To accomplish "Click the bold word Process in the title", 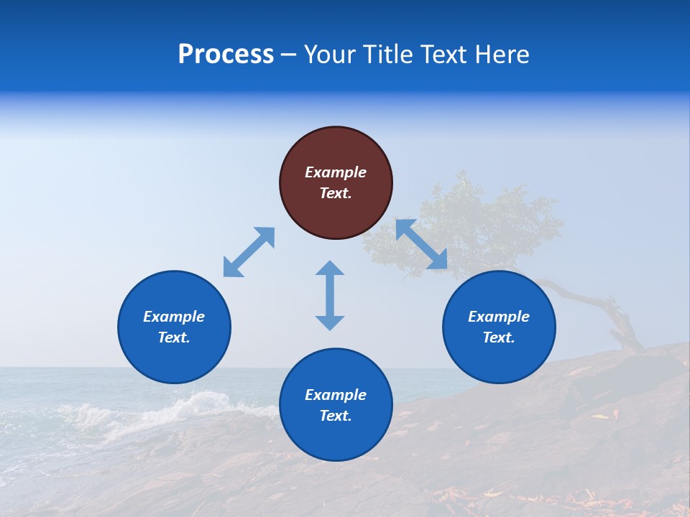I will (226, 55).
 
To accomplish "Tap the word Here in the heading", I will (501, 55).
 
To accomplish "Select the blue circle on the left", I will (174, 359).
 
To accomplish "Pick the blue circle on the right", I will (499, 359).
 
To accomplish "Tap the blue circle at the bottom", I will (336, 438).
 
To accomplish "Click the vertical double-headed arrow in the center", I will (330, 295).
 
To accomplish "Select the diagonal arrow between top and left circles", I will (249, 252).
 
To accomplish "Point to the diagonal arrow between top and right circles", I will (422, 245).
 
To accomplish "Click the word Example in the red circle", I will (336, 172).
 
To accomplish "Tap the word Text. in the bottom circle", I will (336, 416).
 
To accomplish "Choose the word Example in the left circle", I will (174, 317).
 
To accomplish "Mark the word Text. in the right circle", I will (499, 337).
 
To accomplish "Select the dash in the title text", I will (288, 55).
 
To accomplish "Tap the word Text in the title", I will (441, 55).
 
